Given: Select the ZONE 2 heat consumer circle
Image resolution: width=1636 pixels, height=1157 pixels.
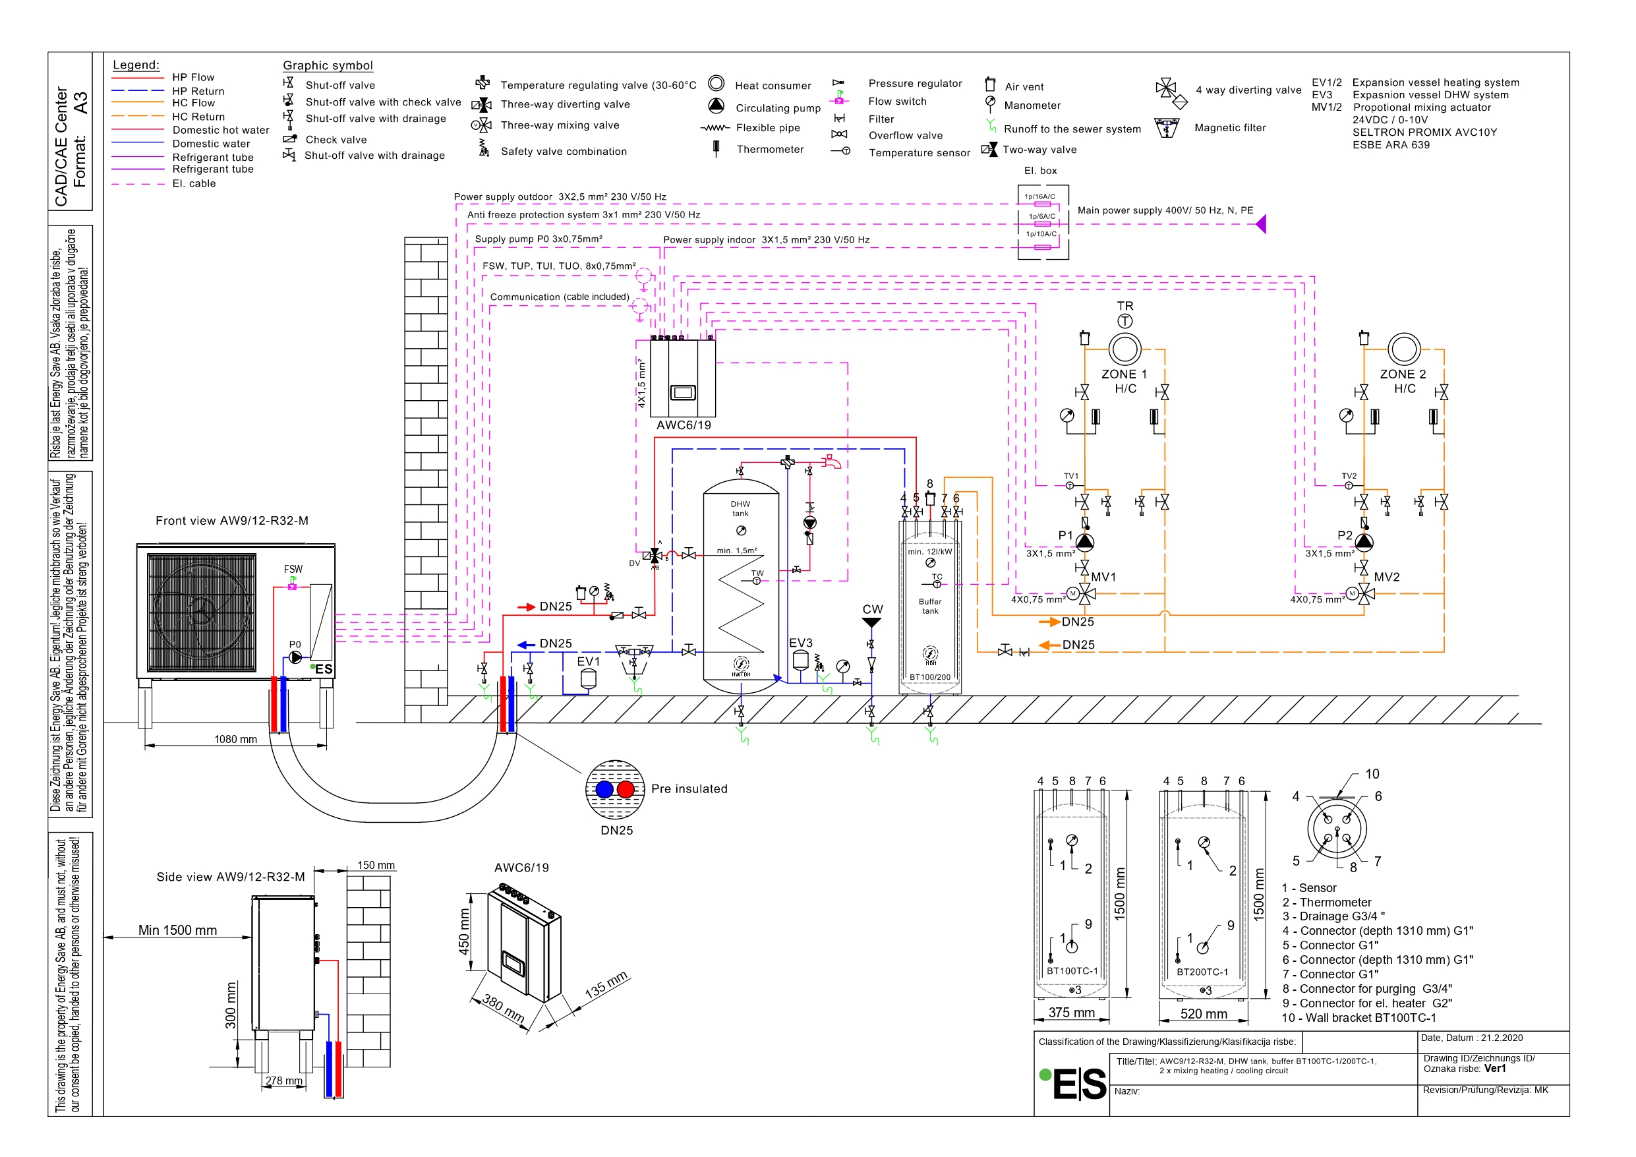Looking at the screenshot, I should (1404, 349).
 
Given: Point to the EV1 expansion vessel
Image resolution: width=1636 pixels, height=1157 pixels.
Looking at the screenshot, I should (588, 678).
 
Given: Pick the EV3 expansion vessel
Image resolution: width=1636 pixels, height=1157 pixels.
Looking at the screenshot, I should (801, 659).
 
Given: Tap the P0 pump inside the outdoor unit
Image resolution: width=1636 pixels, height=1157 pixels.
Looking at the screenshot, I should (295, 657).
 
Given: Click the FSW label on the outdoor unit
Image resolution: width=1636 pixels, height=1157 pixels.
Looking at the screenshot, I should (293, 570).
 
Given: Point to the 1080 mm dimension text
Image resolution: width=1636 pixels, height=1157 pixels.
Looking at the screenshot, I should (236, 739).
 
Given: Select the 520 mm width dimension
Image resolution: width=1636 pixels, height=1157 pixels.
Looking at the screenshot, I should (1204, 1014).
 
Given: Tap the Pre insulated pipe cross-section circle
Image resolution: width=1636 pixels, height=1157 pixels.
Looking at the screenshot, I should (615, 789).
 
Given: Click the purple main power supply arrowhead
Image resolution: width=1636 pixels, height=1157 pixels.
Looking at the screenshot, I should (1261, 225).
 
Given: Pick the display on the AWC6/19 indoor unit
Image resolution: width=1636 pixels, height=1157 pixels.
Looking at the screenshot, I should (683, 392).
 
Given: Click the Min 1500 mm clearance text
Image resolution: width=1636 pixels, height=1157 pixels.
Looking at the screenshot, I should (177, 930).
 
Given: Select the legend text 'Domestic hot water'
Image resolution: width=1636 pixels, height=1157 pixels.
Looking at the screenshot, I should (221, 131).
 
